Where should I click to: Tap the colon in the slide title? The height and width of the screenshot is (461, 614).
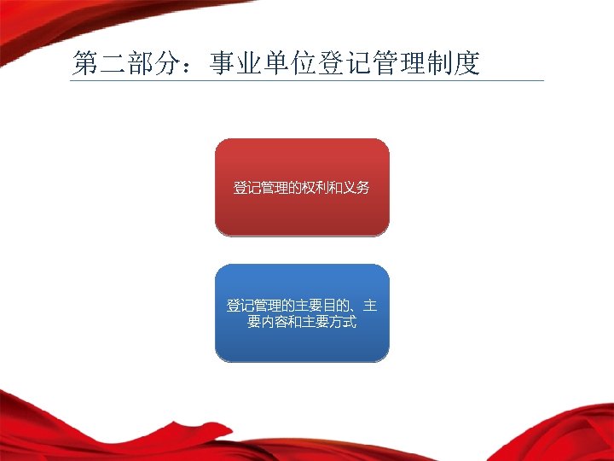[194, 66]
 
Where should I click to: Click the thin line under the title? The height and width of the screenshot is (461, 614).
[307, 81]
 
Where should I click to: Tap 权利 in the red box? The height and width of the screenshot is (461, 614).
[317, 187]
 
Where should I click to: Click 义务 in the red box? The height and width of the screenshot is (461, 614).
[357, 187]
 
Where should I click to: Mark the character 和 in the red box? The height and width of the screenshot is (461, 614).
[337, 187]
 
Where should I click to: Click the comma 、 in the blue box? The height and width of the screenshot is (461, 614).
[359, 307]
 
